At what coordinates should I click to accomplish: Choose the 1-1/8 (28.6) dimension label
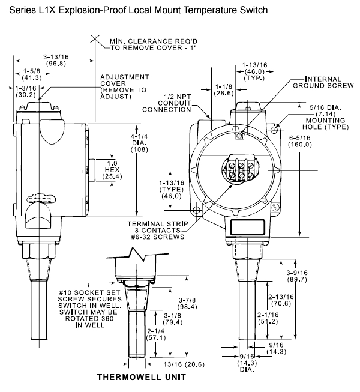[x=224, y=90]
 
